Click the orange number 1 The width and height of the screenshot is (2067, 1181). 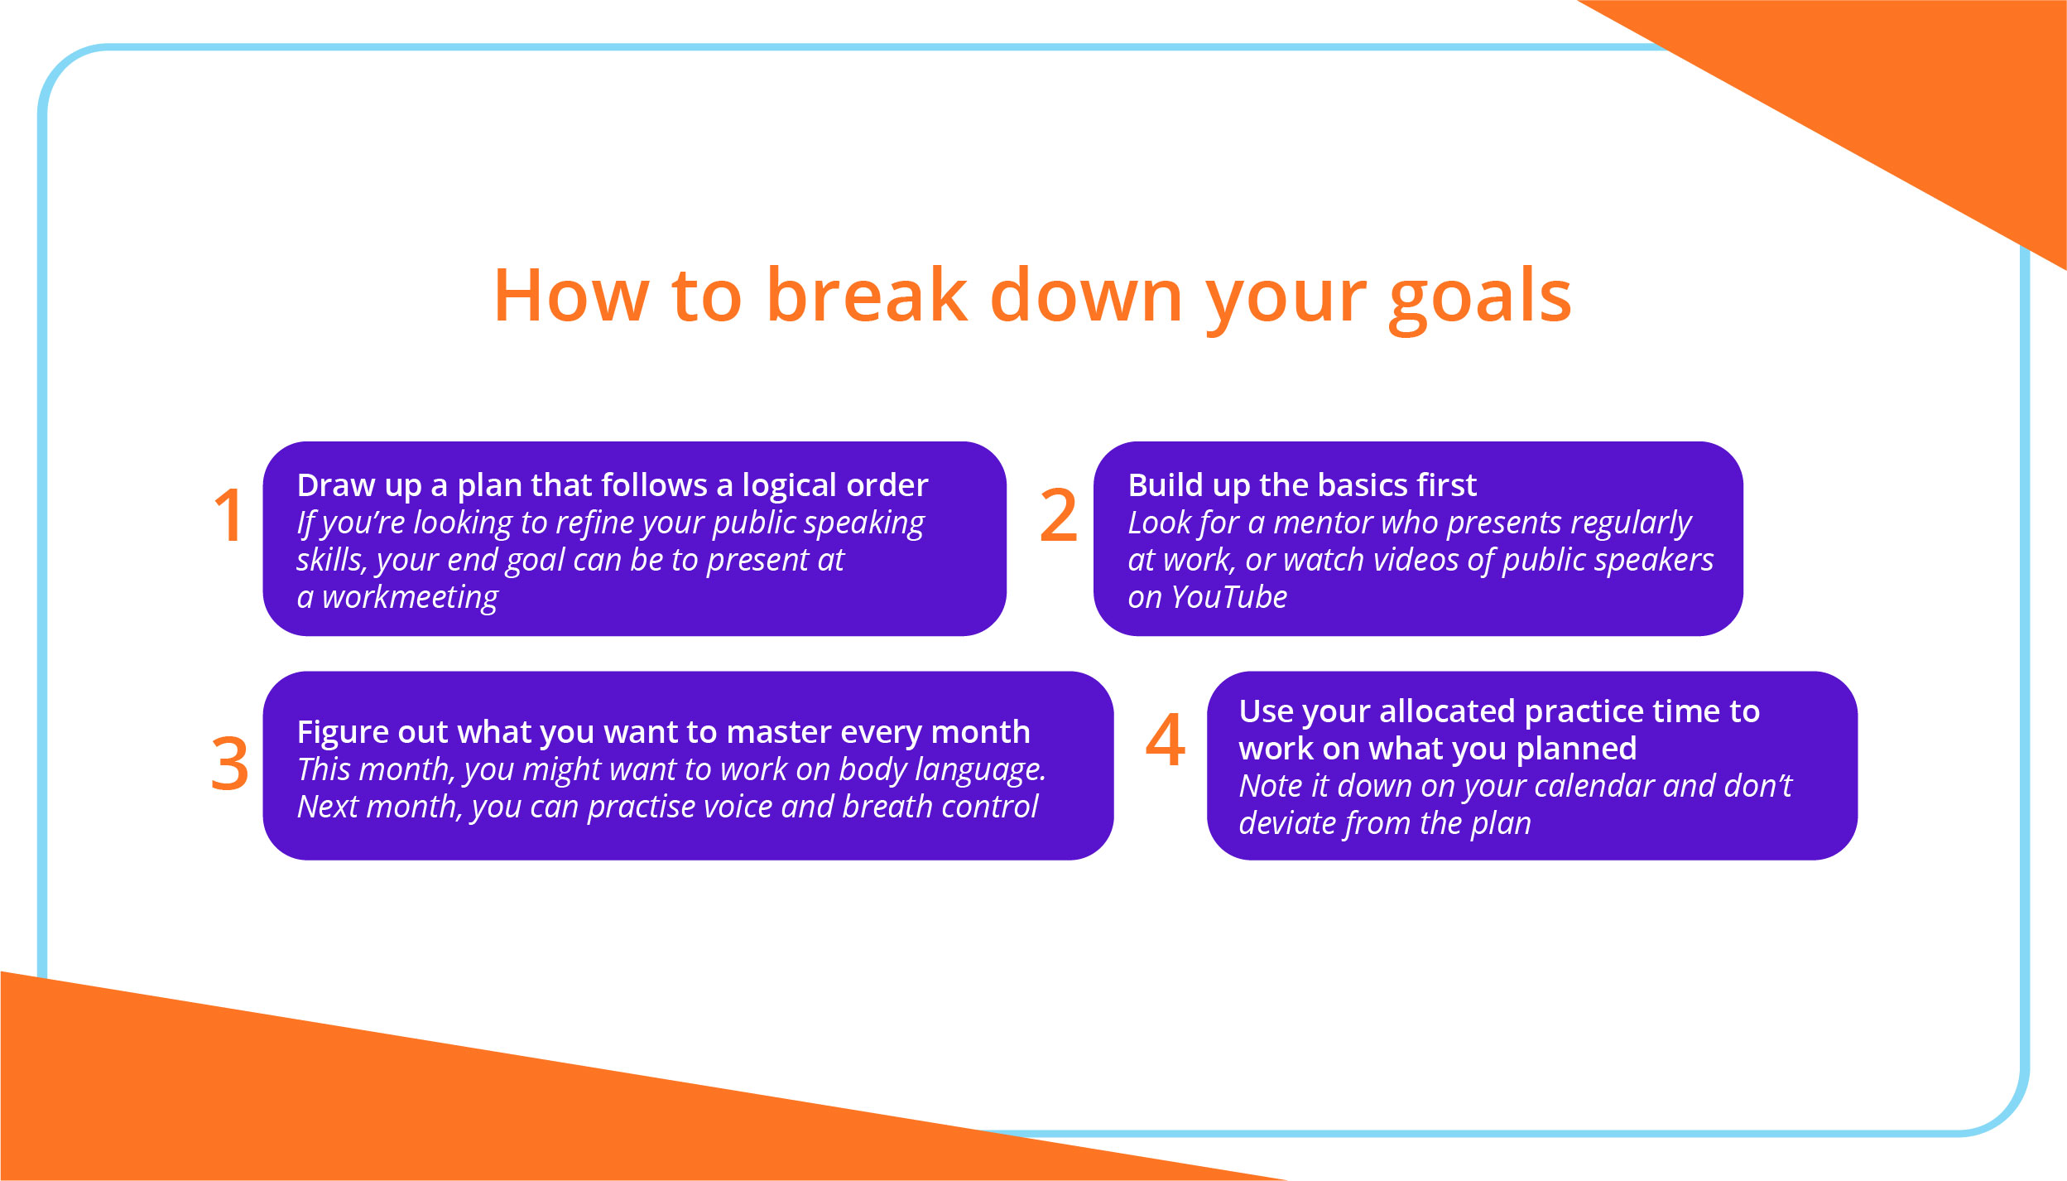coord(228,516)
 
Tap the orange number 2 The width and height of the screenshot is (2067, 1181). coord(1058,516)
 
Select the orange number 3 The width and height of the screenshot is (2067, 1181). coord(229,764)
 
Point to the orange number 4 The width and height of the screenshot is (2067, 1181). coord(1165,740)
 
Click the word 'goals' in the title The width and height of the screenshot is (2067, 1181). coord(1479,296)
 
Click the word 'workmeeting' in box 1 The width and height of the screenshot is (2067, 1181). coord(410,597)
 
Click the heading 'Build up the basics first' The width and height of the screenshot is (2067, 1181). coord(1301,485)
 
